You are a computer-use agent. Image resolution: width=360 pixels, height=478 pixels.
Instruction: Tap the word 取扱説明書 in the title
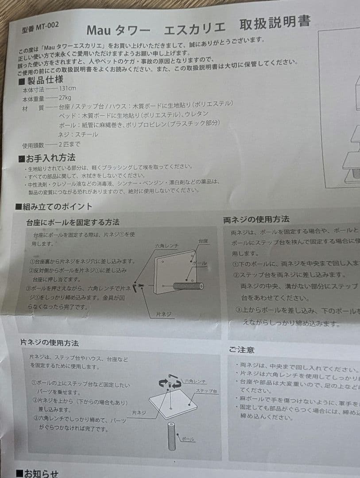click(275, 23)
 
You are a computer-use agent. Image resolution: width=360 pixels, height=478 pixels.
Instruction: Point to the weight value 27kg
click(65, 98)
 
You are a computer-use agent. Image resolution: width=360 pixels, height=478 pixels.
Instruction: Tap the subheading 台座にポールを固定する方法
click(73, 222)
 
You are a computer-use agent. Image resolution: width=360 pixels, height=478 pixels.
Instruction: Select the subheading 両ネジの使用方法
click(256, 220)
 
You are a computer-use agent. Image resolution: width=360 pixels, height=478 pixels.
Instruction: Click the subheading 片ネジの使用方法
click(50, 343)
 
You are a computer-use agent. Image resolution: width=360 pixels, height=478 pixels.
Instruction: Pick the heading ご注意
click(242, 350)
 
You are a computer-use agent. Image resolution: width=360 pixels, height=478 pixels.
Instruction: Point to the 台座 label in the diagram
click(203, 241)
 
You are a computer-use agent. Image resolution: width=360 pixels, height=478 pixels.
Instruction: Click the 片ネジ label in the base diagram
click(163, 314)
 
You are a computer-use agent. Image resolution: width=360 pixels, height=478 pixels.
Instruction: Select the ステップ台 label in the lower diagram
click(206, 392)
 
